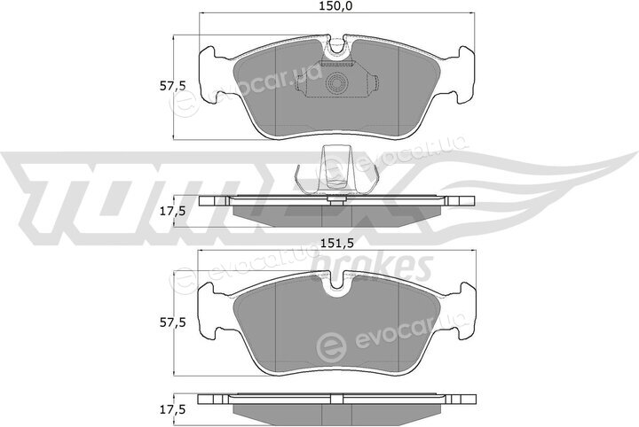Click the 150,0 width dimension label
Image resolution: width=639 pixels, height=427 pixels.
336,5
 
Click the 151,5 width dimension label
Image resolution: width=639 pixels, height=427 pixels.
335,244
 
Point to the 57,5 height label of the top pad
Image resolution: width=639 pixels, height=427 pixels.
172,86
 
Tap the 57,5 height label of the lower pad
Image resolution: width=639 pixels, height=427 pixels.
172,322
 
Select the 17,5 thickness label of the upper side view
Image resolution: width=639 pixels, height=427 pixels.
172,211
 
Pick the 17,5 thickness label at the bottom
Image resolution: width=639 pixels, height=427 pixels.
172,408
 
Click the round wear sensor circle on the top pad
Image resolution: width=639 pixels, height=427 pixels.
336,84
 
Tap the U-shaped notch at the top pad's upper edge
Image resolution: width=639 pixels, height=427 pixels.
336,47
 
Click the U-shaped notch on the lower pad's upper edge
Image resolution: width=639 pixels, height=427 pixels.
336,283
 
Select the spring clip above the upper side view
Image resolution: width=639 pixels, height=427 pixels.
336,169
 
